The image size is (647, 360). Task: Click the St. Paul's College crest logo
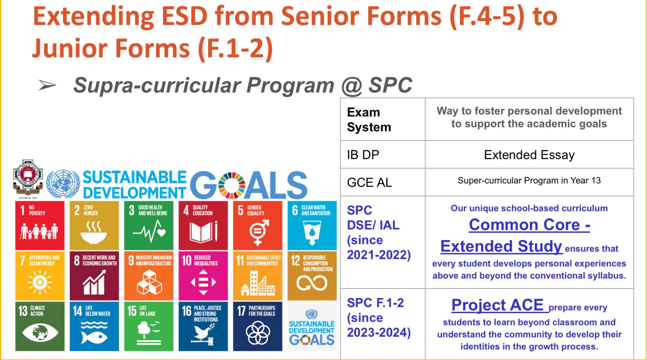point(28,179)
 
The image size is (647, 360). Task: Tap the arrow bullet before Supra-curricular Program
point(47,85)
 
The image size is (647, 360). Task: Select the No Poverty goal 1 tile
point(40,225)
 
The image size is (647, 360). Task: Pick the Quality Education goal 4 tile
point(203,225)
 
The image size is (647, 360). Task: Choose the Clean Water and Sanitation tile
point(312,225)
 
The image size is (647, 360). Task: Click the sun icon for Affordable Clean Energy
point(40,282)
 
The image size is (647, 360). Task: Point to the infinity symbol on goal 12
point(312,283)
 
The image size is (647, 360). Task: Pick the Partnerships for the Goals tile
point(258,326)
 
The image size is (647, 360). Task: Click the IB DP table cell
point(383,155)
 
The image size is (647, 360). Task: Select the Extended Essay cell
point(529,155)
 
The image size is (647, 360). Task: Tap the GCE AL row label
point(369,182)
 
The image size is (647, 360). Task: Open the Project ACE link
point(498,305)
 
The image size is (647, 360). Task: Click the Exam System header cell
point(383,120)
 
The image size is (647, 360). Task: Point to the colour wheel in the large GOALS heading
point(232,185)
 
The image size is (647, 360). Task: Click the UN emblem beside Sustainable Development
point(63,184)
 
